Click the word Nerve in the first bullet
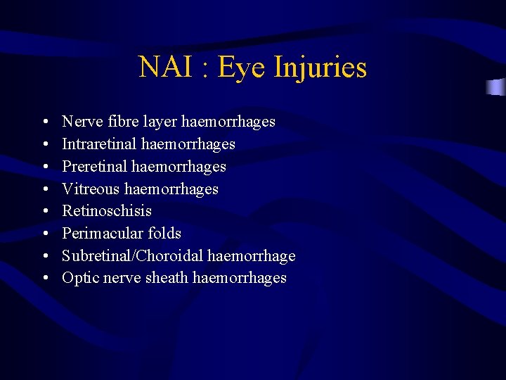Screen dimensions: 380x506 pyautogui.click(x=82, y=122)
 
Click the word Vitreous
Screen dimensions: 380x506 pyautogui.click(x=91, y=189)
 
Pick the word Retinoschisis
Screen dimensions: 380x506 pyautogui.click(x=107, y=211)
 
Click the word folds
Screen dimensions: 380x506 pyautogui.click(x=165, y=234)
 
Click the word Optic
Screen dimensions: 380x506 pyautogui.click(x=81, y=278)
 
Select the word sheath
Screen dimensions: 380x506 pyautogui.click(x=167, y=278)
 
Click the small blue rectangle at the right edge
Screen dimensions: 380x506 pyautogui.click(x=497, y=87)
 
